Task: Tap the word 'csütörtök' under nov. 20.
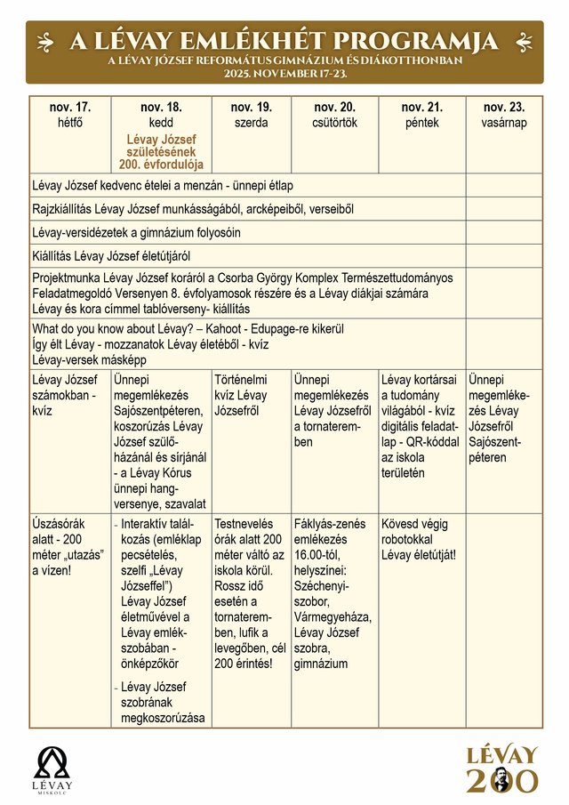334,123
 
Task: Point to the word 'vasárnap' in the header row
504,123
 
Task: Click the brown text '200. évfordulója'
162,165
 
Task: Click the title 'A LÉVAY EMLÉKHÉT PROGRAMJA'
284,41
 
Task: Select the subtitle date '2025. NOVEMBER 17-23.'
284,73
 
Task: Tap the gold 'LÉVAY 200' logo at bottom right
503,769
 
